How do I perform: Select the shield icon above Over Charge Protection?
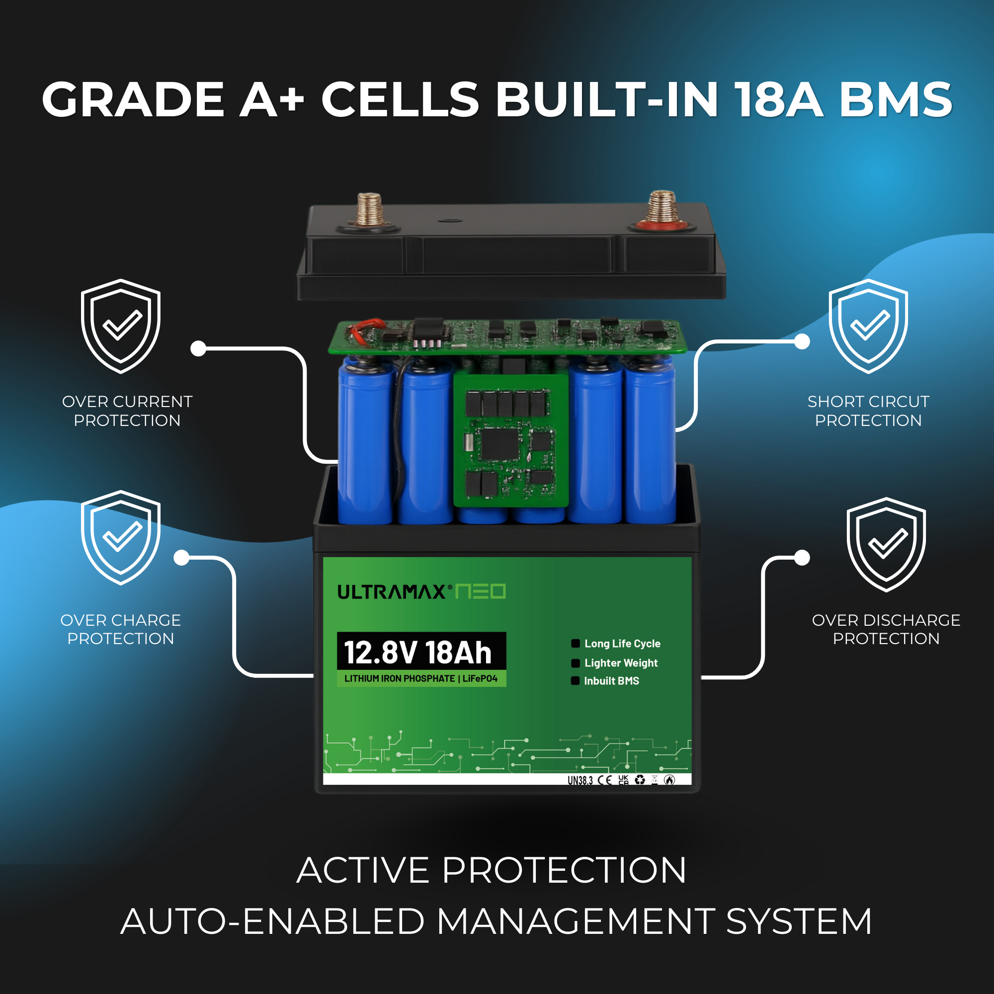pos(120,537)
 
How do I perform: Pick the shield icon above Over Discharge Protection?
pos(886,544)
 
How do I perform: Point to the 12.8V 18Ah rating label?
pos(418,653)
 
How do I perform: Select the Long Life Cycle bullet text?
pos(622,644)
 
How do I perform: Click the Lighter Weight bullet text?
pos(620,663)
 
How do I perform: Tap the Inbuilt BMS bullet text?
pos(611,681)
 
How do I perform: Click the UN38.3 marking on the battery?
pos(580,780)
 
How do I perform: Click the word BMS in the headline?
pos(896,99)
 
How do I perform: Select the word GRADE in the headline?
pos(133,99)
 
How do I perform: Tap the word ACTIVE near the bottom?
pos(363,871)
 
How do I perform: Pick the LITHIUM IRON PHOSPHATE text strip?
pos(421,678)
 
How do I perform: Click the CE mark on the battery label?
pos(605,780)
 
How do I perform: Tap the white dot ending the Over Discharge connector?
pos(802,558)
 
